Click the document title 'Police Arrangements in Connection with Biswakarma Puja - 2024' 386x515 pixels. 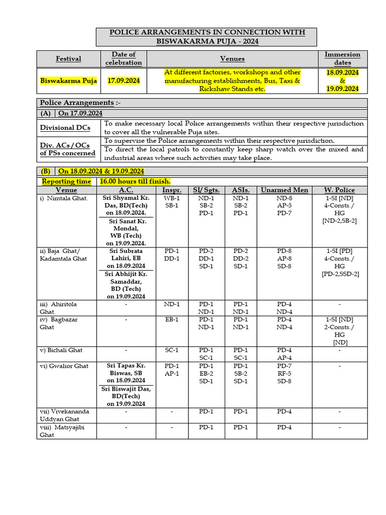(x=207, y=37)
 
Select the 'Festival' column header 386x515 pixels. (x=68, y=59)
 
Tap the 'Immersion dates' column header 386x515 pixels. (x=342, y=59)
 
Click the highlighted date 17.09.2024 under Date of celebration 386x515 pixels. (x=123, y=80)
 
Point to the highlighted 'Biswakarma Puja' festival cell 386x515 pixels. (x=68, y=80)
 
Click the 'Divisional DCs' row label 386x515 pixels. (x=65, y=128)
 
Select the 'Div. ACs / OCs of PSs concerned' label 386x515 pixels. (x=67, y=149)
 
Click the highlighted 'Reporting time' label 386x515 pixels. (x=66, y=181)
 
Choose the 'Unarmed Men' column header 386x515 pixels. (x=284, y=190)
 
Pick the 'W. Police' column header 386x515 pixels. (x=339, y=190)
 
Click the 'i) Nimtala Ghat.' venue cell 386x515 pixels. (x=64, y=198)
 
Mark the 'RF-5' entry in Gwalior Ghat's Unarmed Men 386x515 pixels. (x=284, y=373)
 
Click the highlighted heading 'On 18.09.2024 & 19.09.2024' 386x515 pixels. (x=102, y=171)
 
